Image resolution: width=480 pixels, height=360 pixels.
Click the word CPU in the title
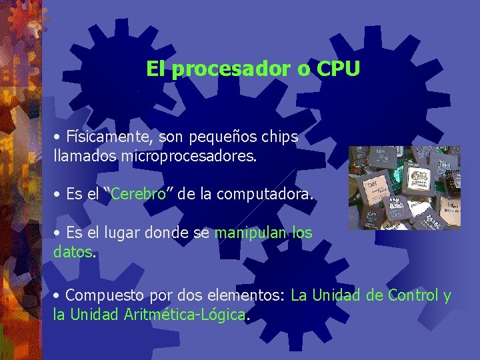pos(338,69)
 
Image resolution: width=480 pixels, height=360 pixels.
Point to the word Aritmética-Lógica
pos(185,315)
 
